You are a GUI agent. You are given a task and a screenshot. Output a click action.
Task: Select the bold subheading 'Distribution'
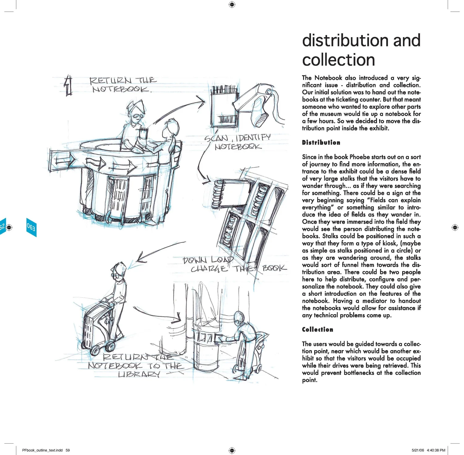pos(321,143)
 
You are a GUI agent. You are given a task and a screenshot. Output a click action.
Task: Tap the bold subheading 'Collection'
pos(318,329)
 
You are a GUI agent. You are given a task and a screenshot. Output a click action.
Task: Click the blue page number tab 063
pos(31,227)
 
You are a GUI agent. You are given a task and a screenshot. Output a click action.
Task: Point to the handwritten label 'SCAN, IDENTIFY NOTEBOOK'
pos(238,142)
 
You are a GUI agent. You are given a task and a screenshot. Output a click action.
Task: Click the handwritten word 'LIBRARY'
pos(139,374)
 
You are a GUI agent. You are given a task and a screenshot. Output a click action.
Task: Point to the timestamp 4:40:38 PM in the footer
pos(436,450)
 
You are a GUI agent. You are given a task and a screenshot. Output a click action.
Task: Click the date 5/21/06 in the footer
pos(418,450)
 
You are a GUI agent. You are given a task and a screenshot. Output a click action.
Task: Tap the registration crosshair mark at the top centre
pos(232,4)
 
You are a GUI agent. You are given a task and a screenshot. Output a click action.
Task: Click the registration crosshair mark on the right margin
pos(455,227)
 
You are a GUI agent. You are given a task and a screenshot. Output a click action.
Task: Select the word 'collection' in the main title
pos(338,60)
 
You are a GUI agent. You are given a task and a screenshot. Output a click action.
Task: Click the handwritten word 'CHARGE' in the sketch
pos(209,269)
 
